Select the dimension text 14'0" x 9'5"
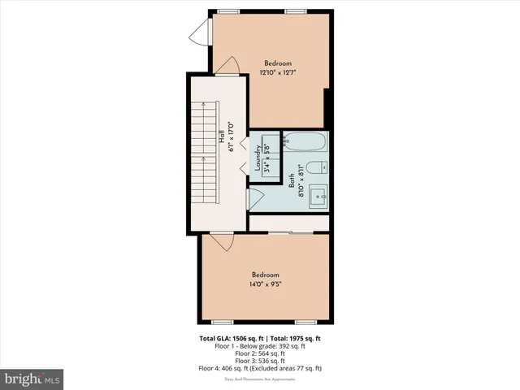[265, 284]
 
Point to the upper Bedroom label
[278, 63]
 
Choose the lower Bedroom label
[265, 274]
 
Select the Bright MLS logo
[32, 379]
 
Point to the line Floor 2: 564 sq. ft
[260, 353]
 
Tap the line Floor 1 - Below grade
[260, 346]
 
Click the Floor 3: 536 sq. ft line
[260, 361]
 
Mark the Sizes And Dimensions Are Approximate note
[260, 378]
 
